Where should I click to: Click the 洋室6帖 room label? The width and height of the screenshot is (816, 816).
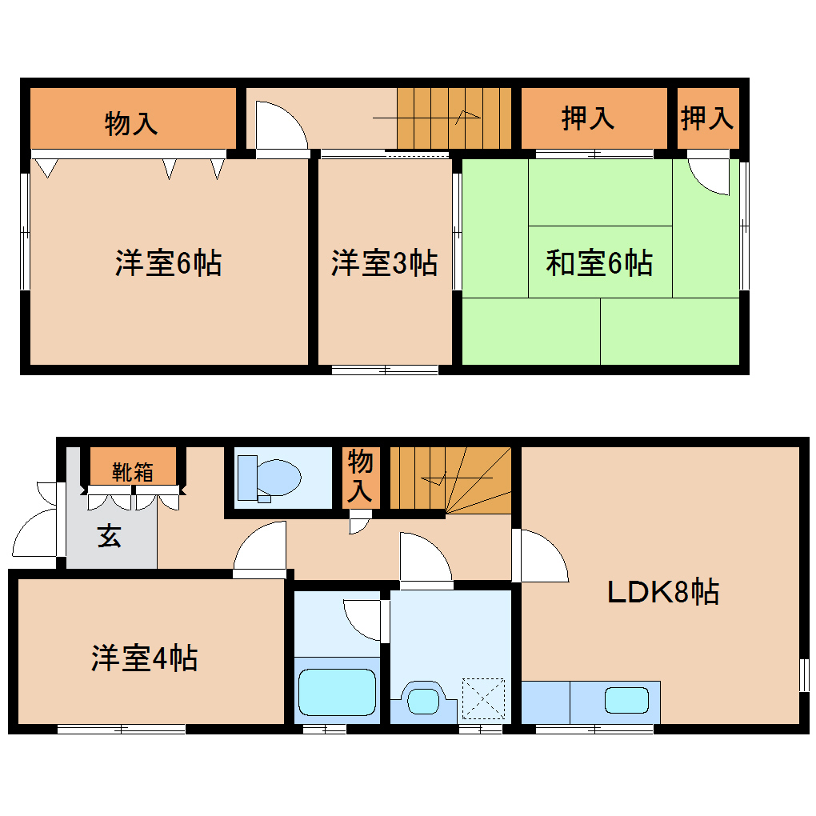pyautogui.click(x=168, y=263)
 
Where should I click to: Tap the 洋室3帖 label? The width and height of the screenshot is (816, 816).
pyautogui.click(x=384, y=263)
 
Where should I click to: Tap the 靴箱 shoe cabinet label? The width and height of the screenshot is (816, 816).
pyautogui.click(x=132, y=472)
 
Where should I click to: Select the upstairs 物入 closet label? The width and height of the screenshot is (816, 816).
pyautogui.click(x=131, y=123)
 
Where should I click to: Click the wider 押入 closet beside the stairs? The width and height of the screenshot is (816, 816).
pyautogui.click(x=588, y=118)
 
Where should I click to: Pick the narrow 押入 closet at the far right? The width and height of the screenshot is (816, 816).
pyautogui.click(x=707, y=118)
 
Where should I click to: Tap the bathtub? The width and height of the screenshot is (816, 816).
pyautogui.click(x=337, y=693)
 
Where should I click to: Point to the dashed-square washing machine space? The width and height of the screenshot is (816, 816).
pyautogui.click(x=483, y=698)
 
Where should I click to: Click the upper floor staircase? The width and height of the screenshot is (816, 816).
pyautogui.click(x=454, y=118)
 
